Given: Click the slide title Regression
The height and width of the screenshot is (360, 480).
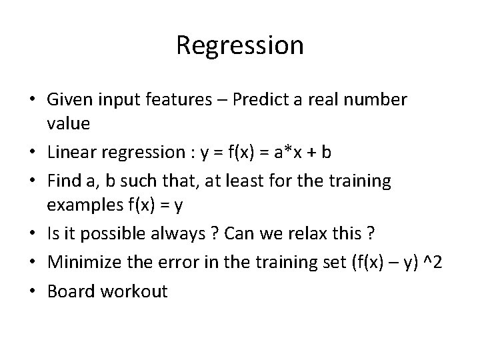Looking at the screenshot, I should tap(240, 45).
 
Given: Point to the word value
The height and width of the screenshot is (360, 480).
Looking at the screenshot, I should tap(67, 124).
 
